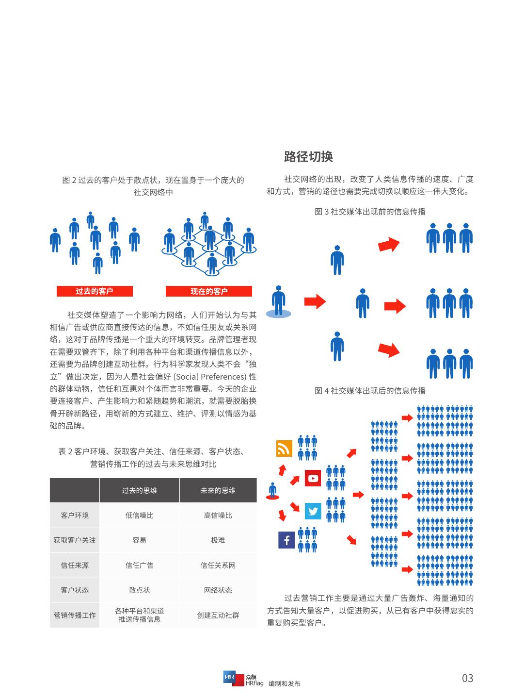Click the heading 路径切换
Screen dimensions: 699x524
pos(308,157)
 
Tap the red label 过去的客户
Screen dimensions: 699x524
pos(95,291)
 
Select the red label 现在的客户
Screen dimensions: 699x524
pos(209,291)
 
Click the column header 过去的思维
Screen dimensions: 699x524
pos(140,490)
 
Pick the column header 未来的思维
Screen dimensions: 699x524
pos(218,490)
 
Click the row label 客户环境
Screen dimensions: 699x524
pos(75,515)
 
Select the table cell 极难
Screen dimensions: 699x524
pos(218,540)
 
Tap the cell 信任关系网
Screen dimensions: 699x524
pos(218,565)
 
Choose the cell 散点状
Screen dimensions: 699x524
pos(140,590)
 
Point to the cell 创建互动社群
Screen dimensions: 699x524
pos(218,615)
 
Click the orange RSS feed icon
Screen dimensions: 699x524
pos(284,449)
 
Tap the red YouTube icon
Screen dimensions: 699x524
pos(313,478)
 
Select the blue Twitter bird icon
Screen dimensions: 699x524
pos(313,511)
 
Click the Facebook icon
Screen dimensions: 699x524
pos(286,540)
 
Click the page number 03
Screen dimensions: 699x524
pos(467,678)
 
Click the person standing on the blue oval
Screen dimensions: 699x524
pos(278,300)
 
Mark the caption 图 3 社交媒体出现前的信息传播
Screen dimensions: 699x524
pos(370,211)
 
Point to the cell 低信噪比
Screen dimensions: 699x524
pos(140,515)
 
